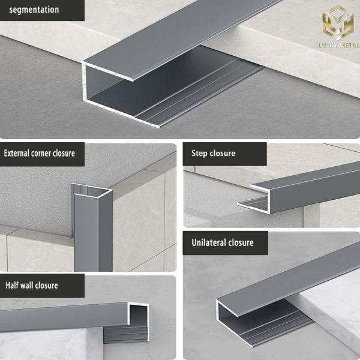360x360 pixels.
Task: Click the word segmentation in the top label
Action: [x=34, y=10]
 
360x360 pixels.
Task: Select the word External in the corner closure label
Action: [x=19, y=154]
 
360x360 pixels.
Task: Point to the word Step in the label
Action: [x=200, y=154]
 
